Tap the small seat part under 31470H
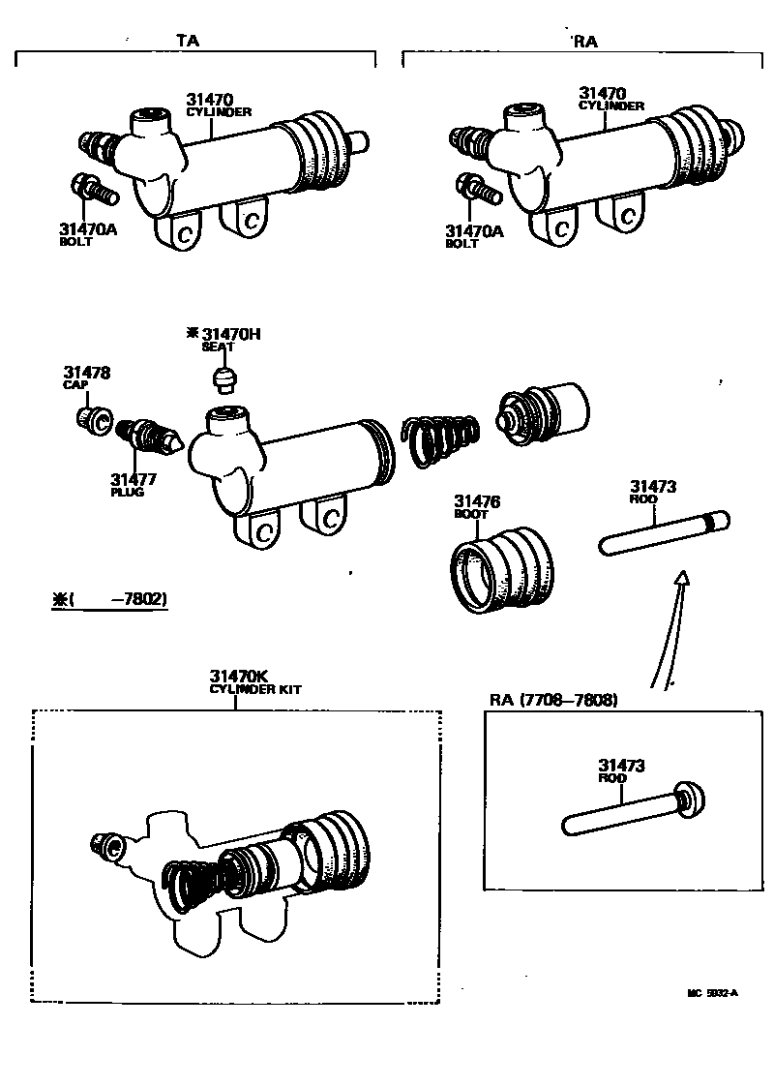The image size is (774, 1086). point(224,377)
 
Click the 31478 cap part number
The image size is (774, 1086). point(87,372)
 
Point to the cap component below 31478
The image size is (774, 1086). point(94,418)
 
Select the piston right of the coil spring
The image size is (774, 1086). point(542,411)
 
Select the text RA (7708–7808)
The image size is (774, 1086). point(552,699)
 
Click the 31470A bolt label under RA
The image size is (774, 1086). point(474,231)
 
